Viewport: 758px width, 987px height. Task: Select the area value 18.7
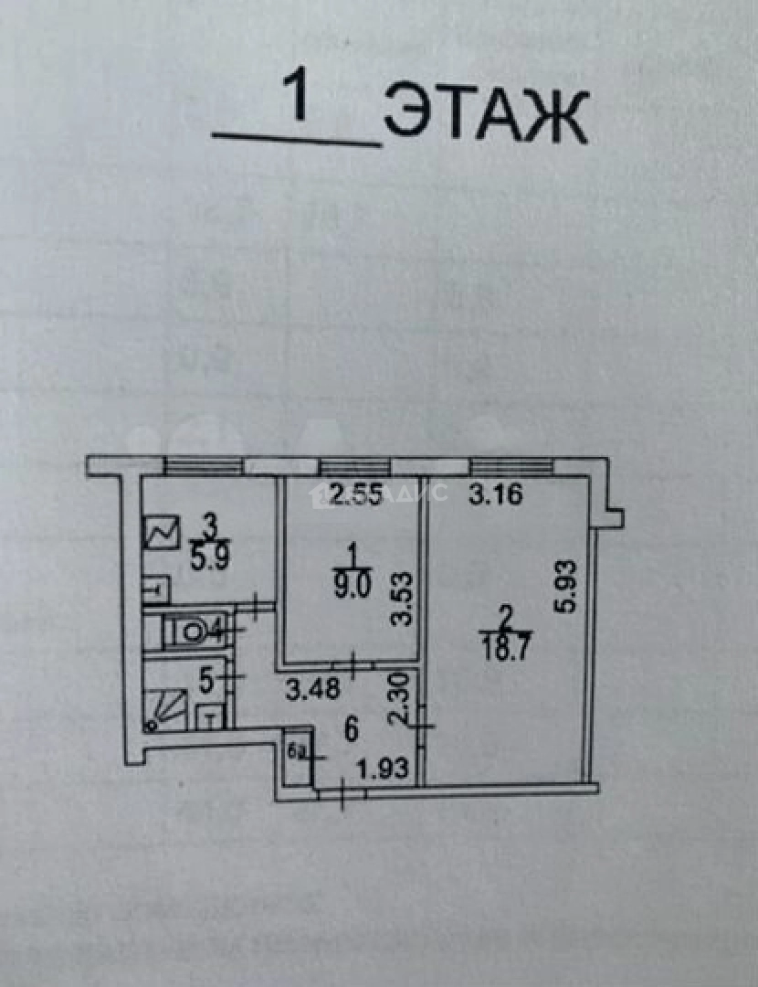(504, 647)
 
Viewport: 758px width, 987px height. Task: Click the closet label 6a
(297, 752)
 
